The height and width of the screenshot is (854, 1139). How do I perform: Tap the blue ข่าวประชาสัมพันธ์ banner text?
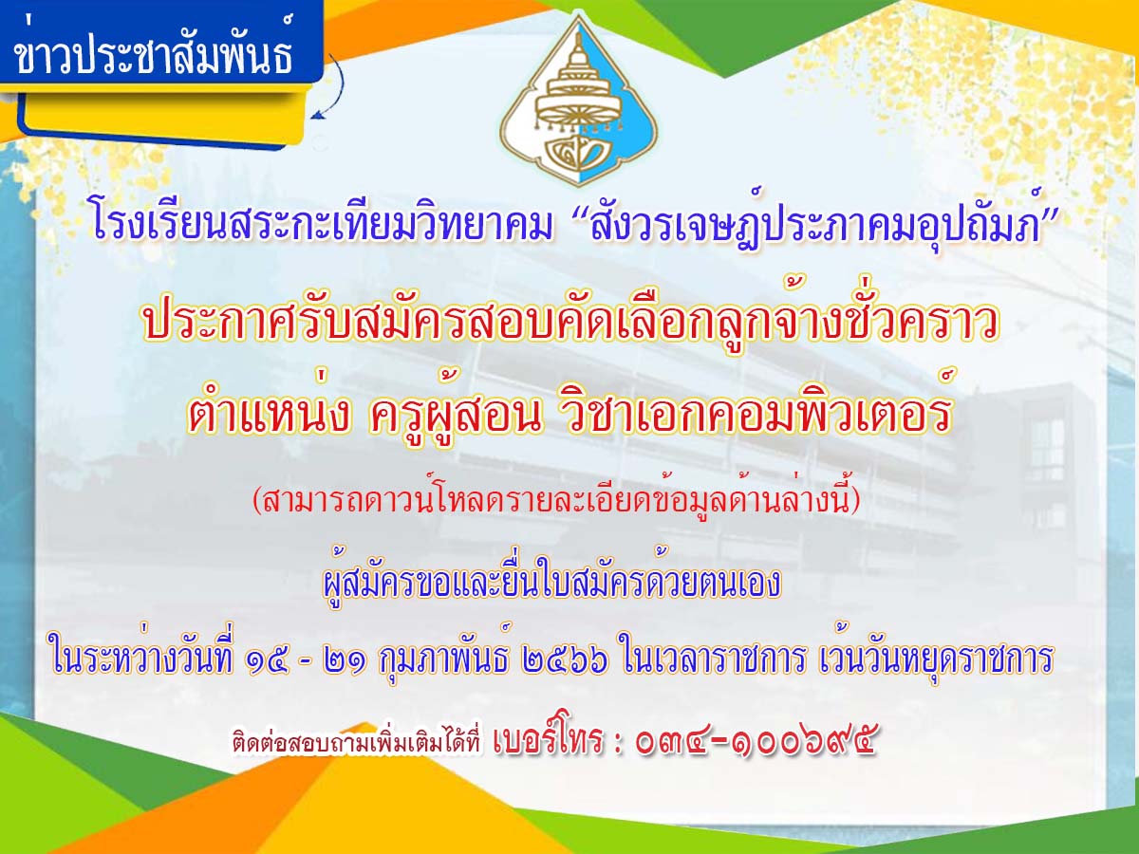[x=155, y=48]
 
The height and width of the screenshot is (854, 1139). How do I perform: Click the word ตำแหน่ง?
[x=269, y=412]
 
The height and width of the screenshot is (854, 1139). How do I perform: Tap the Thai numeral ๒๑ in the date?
[x=345, y=659]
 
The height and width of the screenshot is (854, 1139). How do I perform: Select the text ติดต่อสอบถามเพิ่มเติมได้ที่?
[x=357, y=741]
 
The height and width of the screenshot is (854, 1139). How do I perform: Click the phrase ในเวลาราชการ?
[x=715, y=658]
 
